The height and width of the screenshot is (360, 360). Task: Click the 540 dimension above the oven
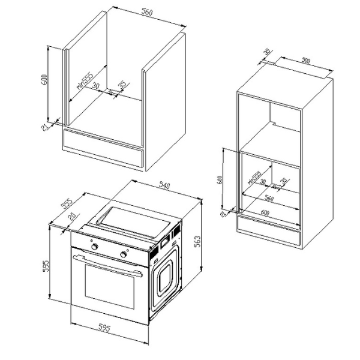[x=163, y=187]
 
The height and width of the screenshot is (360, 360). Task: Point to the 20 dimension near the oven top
[x=73, y=217]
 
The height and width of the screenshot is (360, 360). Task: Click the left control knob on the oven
[x=94, y=246]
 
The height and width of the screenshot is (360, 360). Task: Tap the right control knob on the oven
[x=125, y=254]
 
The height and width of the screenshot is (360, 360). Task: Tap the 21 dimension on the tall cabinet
[x=224, y=214]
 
